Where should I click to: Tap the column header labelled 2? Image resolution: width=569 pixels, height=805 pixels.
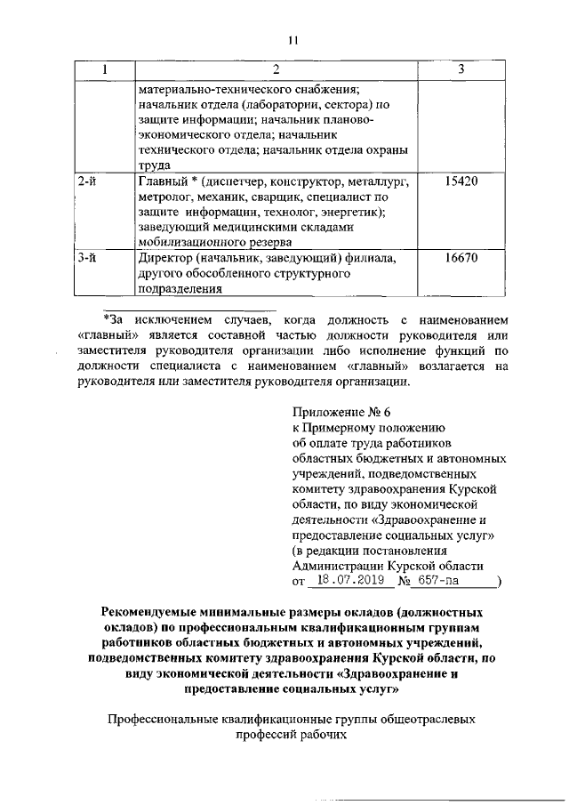275,69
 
